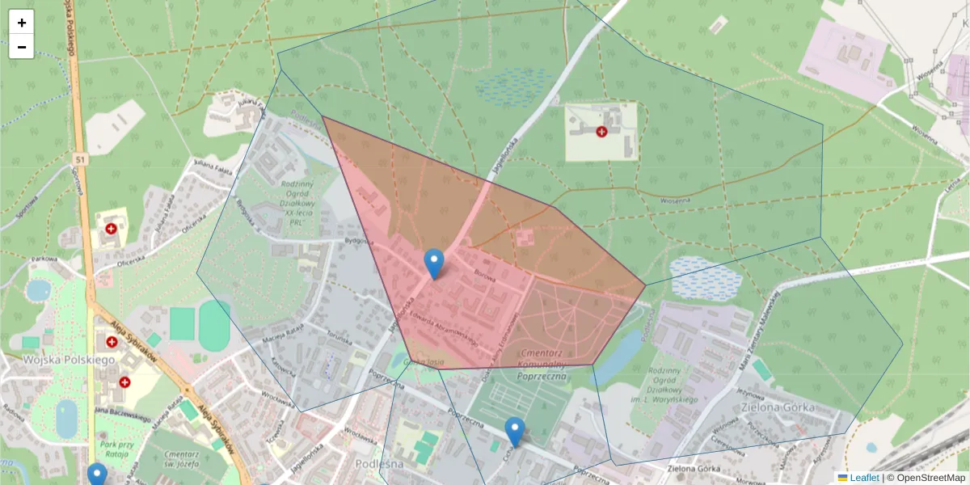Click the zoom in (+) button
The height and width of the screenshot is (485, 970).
coord(22,23)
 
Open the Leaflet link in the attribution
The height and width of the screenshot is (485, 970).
coord(863,478)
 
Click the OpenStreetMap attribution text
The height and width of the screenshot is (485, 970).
coord(930,478)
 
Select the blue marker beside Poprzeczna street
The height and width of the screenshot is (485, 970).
coord(514,432)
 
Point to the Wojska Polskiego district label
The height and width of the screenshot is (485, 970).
coord(69,359)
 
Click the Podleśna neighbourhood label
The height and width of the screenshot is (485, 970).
coord(379,463)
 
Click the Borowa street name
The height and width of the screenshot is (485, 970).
coord(485,275)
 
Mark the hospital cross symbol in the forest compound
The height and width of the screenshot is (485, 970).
coord(601,131)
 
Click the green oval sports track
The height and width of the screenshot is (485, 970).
coord(214,325)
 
